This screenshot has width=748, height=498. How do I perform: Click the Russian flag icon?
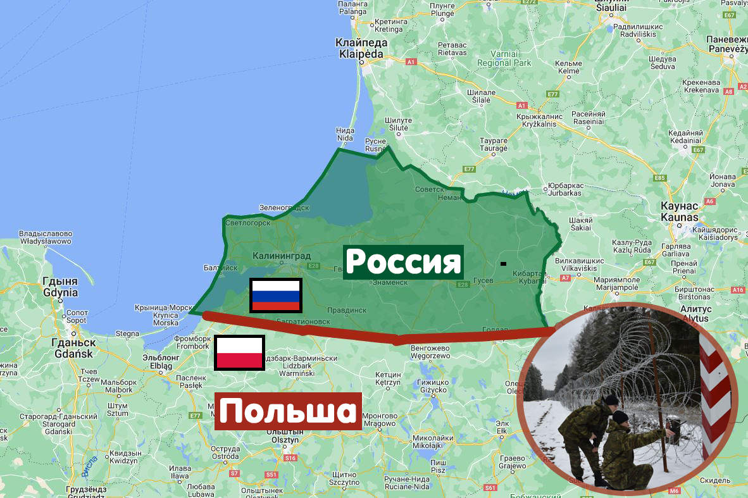point(276,296)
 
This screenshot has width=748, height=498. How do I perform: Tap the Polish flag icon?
point(239,353)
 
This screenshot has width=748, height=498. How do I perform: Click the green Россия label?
point(404,262)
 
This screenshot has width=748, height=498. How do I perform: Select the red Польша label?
point(288,411)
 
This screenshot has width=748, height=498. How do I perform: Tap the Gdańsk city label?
point(75,349)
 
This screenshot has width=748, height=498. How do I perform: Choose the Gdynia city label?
point(60,287)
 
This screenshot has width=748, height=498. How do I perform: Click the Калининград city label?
point(282,256)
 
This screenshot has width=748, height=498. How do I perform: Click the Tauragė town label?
point(494,144)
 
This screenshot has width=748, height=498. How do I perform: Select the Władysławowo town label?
point(46,237)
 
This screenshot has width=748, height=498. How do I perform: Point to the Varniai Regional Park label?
point(504,59)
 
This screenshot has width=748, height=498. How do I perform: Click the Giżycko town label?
point(433,386)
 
